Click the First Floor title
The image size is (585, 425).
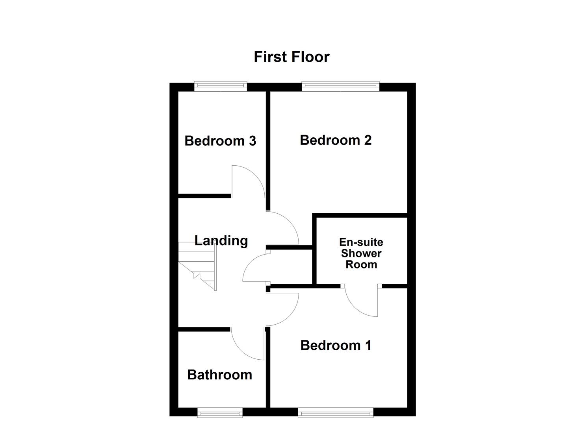(292, 57)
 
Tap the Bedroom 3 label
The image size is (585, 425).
(220, 141)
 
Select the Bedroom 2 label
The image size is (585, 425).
(336, 140)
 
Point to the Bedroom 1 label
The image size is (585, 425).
(336, 346)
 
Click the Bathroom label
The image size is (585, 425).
(220, 375)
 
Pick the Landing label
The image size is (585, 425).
(221, 240)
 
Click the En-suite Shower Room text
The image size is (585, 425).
(361, 253)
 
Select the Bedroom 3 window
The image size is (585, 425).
(221, 87)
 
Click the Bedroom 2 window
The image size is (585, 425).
(340, 87)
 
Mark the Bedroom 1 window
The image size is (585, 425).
(336, 412)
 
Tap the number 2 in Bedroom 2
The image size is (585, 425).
(367, 140)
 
